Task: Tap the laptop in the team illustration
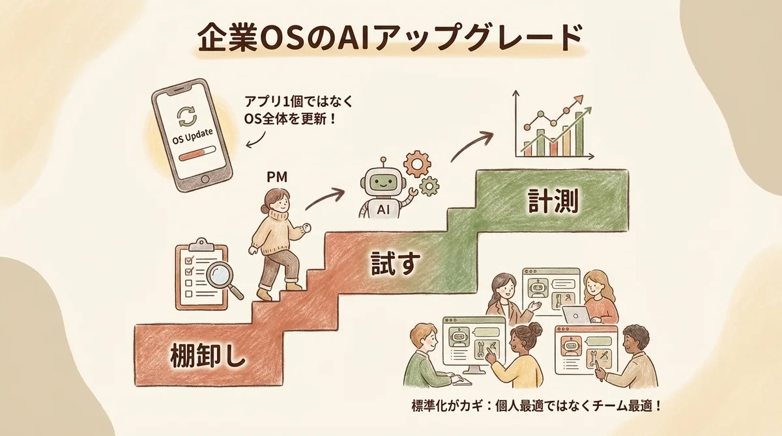pos(577,316)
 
